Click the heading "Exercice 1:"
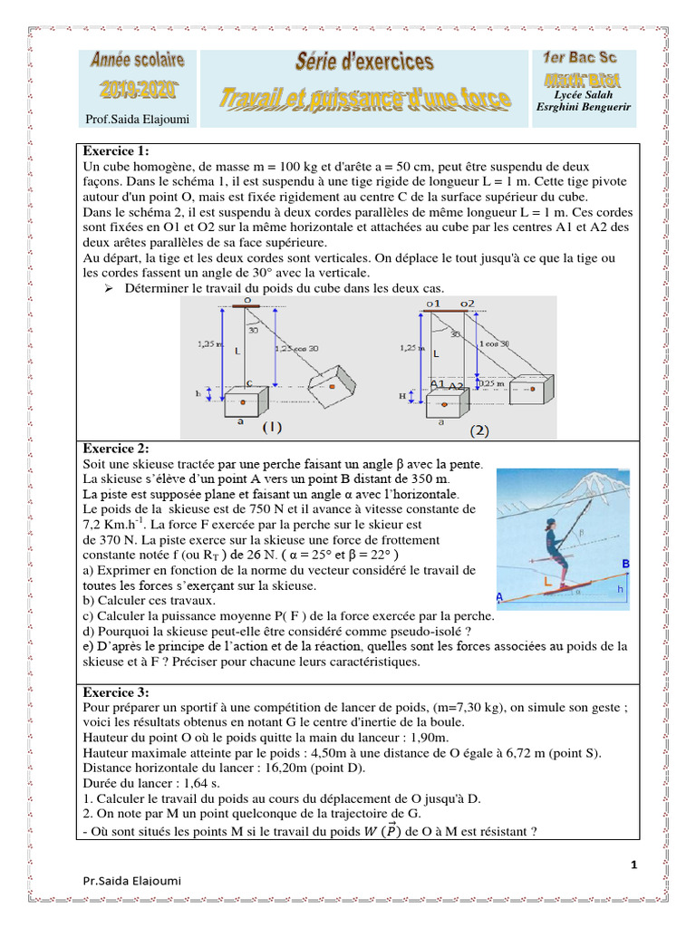116,151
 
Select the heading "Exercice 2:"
116,449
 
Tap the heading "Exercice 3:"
116,692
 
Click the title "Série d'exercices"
364,63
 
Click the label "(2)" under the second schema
478,430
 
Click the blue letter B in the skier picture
624,564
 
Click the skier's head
552,525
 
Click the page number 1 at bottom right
633,865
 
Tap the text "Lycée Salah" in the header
583,94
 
